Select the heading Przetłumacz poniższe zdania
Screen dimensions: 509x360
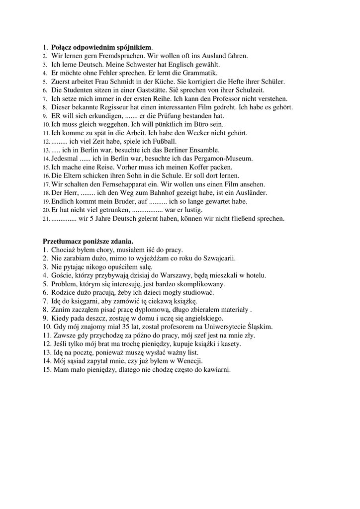click(88, 241)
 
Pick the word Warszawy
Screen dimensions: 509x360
click(180, 275)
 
